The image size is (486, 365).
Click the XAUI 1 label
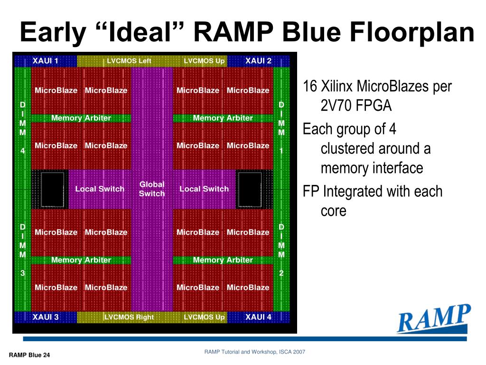45,60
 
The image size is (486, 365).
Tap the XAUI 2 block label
258,60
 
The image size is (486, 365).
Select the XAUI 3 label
45,317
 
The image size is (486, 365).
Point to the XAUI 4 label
258,317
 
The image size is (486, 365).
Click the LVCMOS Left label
129,61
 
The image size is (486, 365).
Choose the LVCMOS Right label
129,317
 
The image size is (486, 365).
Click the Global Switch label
152,189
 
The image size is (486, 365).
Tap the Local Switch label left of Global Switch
100,189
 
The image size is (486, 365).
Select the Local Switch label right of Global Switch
204,189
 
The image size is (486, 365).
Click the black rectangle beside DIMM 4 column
52,189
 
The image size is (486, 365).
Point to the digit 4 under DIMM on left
23,151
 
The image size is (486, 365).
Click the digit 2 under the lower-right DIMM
281,273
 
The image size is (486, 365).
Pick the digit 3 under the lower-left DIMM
23,273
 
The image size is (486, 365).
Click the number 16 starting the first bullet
309,86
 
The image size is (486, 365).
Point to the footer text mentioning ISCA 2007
255,352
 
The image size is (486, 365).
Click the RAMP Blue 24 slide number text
29,355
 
